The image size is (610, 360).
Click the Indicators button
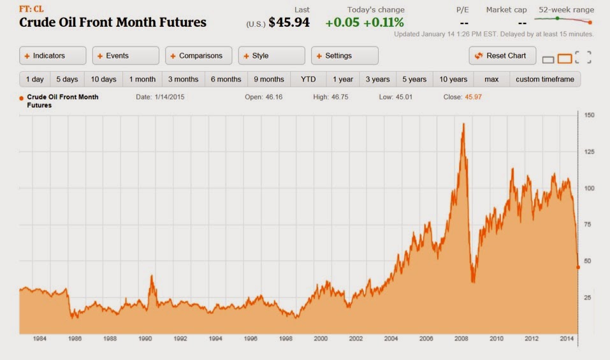coord(52,55)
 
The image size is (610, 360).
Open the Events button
coord(125,55)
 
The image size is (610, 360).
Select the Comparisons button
coord(198,55)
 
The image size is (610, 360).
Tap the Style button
coord(270,55)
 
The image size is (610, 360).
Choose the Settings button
coord(344,55)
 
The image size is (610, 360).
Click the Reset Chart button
coord(501,55)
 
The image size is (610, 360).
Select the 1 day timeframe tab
coord(34,80)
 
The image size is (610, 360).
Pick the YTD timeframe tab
coord(308,80)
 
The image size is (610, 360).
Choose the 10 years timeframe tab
coord(453,80)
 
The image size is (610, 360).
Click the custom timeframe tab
coord(544,80)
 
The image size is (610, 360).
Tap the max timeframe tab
coord(491,80)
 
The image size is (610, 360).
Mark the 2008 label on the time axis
coord(461,339)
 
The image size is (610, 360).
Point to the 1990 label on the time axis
coord(145,339)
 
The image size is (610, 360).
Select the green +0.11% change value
coord(384,22)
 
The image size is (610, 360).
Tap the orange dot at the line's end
coord(578,267)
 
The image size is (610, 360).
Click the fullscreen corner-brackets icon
coord(583,57)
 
